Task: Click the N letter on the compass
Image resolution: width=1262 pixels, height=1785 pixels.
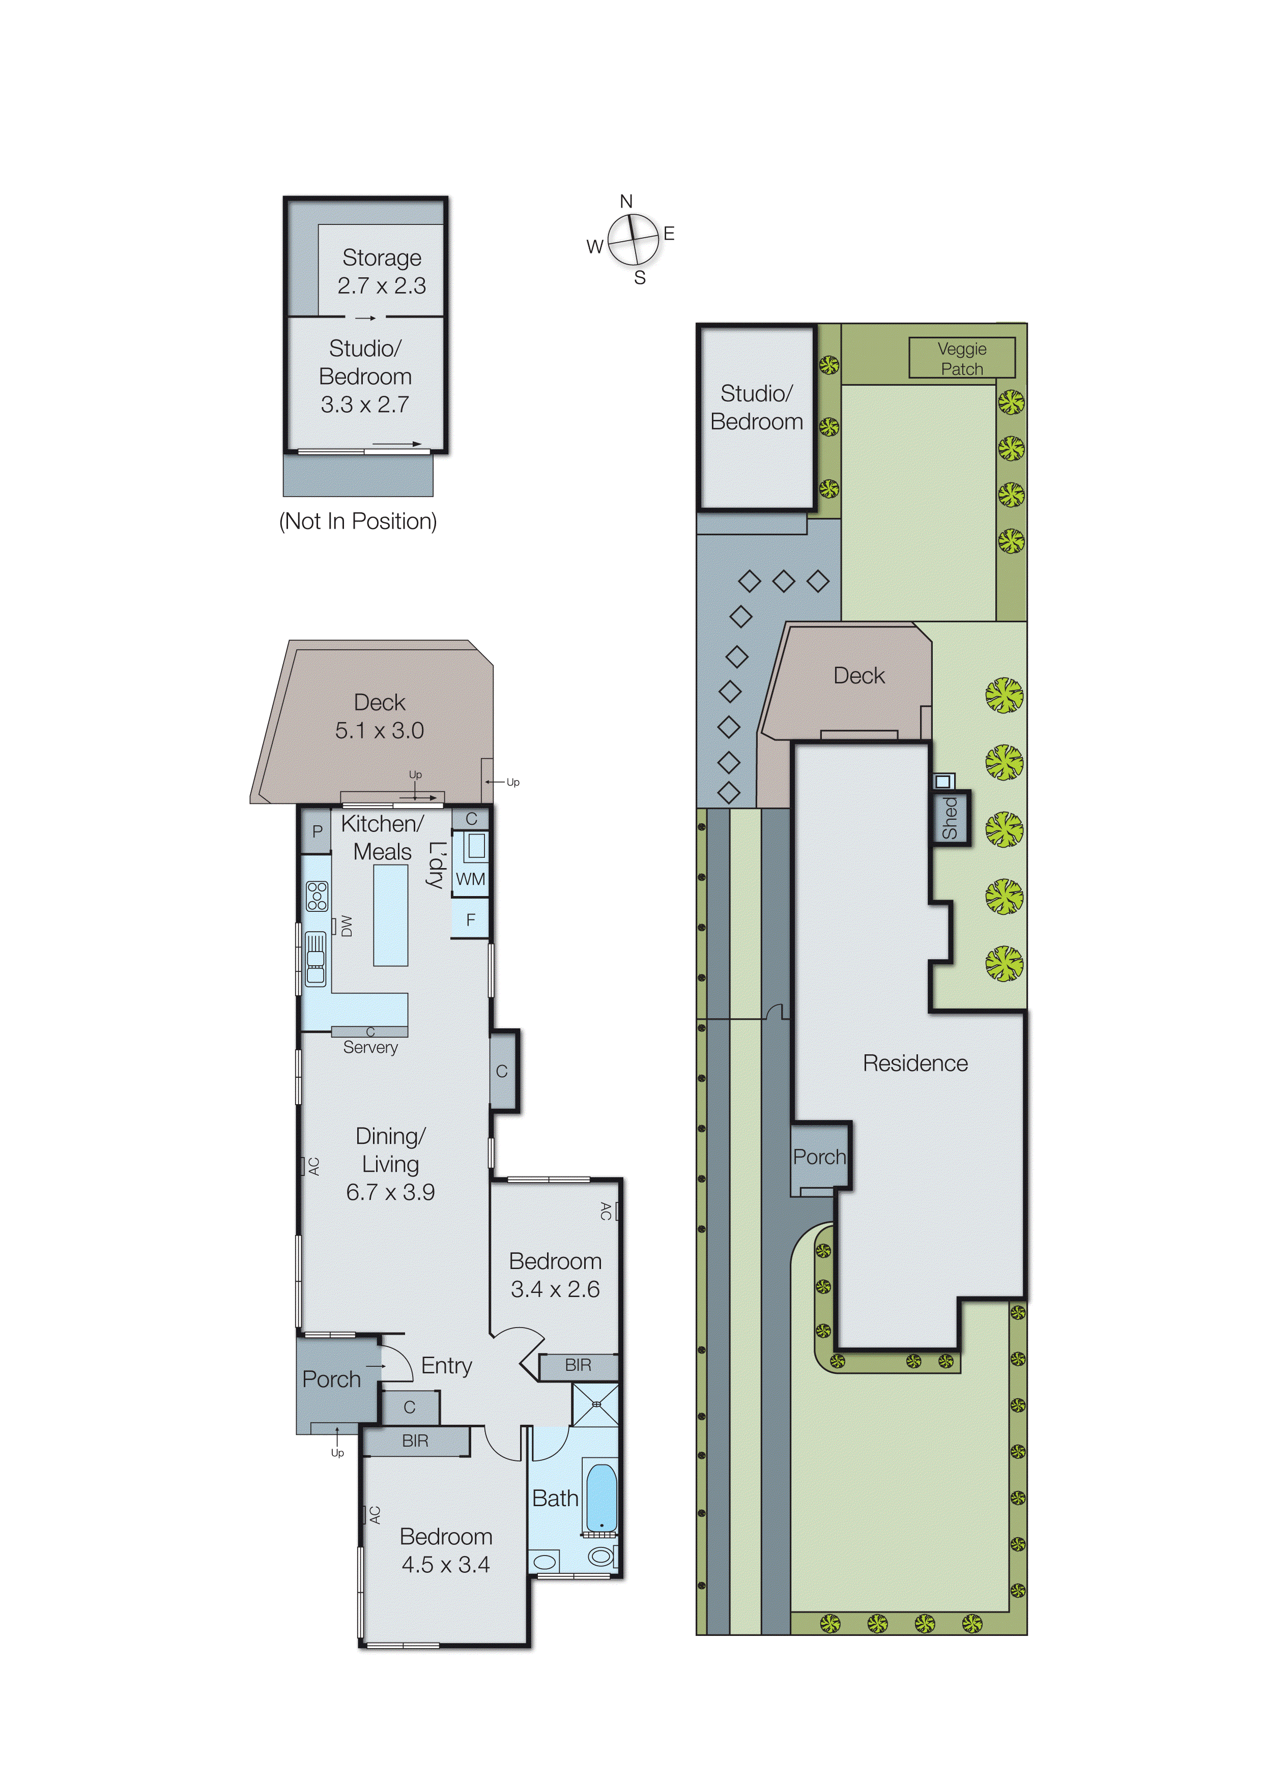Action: click(x=626, y=201)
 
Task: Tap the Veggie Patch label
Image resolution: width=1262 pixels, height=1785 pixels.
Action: click(x=962, y=358)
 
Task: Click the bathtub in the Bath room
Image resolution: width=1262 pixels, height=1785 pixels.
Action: click(x=600, y=1498)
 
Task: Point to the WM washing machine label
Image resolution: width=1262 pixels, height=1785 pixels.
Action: click(x=470, y=879)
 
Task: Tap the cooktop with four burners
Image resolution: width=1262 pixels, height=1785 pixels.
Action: click(x=317, y=896)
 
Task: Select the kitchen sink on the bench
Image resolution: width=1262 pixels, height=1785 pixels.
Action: click(x=315, y=959)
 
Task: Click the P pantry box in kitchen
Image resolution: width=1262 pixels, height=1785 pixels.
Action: click(x=317, y=831)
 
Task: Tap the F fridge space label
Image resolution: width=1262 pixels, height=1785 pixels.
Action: click(x=470, y=919)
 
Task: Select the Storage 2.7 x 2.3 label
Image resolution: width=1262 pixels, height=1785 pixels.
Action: click(x=382, y=271)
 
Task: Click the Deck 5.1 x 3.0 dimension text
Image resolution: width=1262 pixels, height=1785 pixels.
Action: click(x=380, y=731)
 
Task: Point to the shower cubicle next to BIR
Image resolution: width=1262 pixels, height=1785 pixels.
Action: click(x=595, y=1404)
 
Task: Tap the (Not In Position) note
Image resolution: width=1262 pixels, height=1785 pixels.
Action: click(x=358, y=521)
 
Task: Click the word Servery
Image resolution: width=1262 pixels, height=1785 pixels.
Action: click(x=370, y=1048)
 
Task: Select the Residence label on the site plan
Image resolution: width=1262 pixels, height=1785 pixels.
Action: click(x=915, y=1063)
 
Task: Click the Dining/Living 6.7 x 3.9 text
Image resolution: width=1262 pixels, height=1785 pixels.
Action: click(x=390, y=1164)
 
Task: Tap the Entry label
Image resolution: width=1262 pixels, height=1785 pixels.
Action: click(x=446, y=1365)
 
